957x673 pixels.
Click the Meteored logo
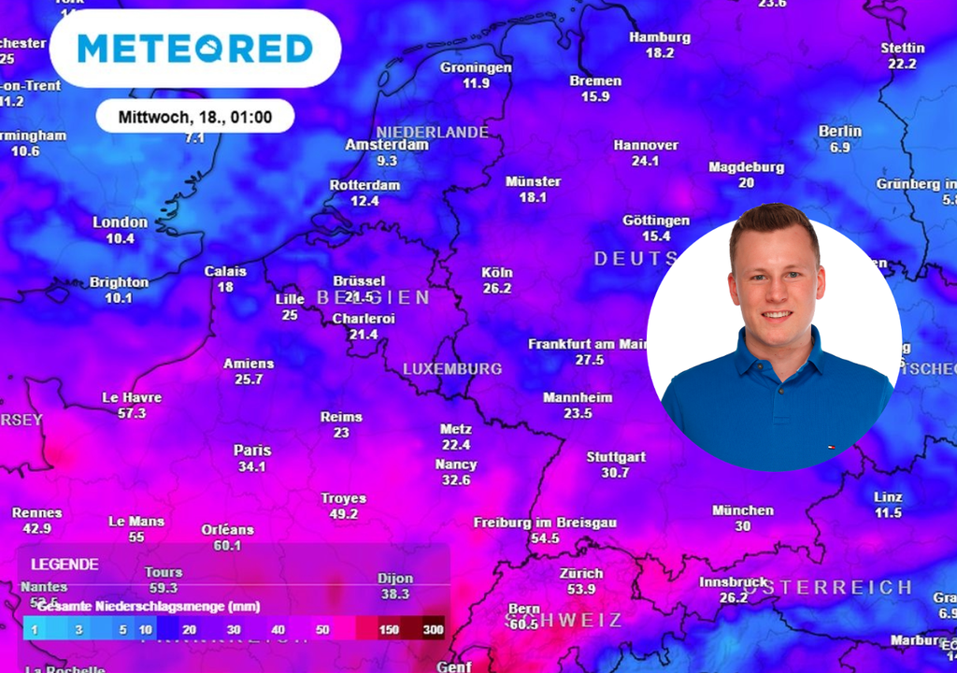pyautogui.click(x=194, y=49)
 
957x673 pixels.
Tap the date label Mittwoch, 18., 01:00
pyautogui.click(x=195, y=117)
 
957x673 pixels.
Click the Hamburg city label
pyautogui.click(x=660, y=37)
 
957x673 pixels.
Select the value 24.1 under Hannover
pyautogui.click(x=645, y=161)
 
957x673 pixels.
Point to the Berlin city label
pyautogui.click(x=839, y=131)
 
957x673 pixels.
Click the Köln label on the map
pyautogui.click(x=497, y=272)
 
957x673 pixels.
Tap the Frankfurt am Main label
pyautogui.click(x=588, y=344)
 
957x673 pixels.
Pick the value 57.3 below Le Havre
pyautogui.click(x=132, y=413)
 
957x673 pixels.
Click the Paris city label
pyautogui.click(x=252, y=451)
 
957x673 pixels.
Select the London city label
pyautogui.click(x=120, y=222)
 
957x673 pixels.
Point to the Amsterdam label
pyautogui.click(x=387, y=145)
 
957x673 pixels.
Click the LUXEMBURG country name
pyautogui.click(x=452, y=369)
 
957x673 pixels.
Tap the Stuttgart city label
pyautogui.click(x=616, y=457)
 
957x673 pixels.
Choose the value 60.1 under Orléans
pyautogui.click(x=227, y=546)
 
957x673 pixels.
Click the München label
pyautogui.click(x=743, y=510)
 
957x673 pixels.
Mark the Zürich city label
pyautogui.click(x=581, y=573)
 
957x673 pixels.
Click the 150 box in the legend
pyautogui.click(x=389, y=629)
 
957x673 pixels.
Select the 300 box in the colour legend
pyautogui.click(x=433, y=629)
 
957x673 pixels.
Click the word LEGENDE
pyautogui.click(x=64, y=565)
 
